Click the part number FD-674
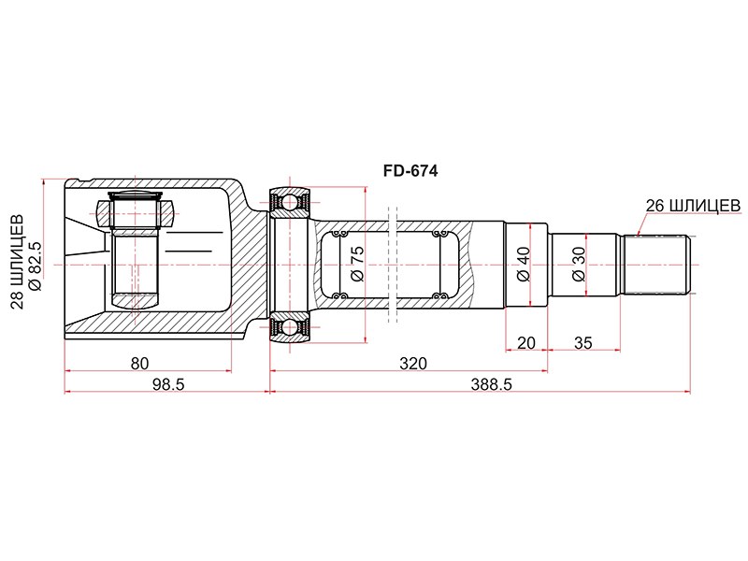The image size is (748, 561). click(x=410, y=171)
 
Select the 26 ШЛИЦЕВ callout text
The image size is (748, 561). click(x=693, y=206)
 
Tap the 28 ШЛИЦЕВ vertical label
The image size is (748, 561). click(x=17, y=262)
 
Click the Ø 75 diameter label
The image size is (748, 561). click(x=357, y=264)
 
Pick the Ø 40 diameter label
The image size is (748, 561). click(x=524, y=264)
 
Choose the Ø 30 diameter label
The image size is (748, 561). click(x=578, y=264)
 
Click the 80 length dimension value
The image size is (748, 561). click(x=139, y=364)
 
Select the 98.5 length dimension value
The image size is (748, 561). click(x=167, y=384)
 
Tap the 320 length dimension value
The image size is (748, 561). click(x=413, y=364)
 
